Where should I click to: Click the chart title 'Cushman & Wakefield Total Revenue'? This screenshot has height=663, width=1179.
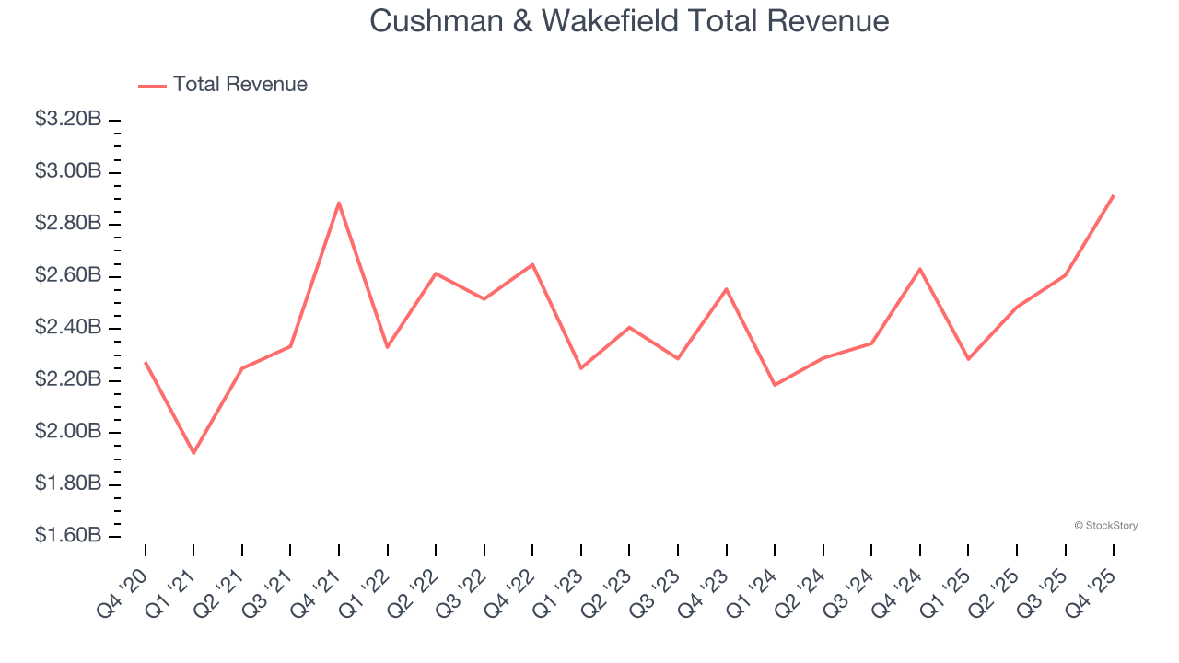pos(629,20)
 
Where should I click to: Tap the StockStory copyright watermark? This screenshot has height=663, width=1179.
pos(1105,526)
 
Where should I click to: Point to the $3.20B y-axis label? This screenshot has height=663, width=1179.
pos(67,120)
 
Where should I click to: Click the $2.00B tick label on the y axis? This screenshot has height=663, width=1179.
pos(67,432)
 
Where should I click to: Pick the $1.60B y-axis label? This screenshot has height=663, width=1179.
pos(67,536)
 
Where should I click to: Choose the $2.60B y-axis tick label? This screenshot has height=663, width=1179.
pos(67,276)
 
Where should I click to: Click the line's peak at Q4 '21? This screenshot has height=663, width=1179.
pos(339,203)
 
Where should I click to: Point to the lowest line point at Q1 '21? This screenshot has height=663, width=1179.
pos(193,453)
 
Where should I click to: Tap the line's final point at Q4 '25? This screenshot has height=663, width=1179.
pos(1114,195)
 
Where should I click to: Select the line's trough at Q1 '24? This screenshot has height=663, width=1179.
pos(775,385)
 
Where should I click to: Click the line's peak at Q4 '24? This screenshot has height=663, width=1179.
pos(920,269)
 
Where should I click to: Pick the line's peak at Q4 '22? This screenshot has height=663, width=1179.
pos(532,264)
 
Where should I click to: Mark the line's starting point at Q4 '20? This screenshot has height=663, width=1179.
pos(146,362)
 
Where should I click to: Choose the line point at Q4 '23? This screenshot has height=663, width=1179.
pos(727,289)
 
